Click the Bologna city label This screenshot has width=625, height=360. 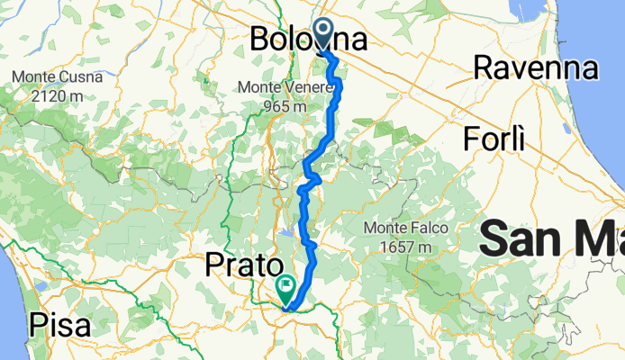click(x=308, y=40)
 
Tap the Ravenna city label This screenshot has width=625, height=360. click(x=536, y=67)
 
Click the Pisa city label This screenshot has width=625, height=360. click(x=59, y=324)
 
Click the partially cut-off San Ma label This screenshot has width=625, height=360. click(x=551, y=241)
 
